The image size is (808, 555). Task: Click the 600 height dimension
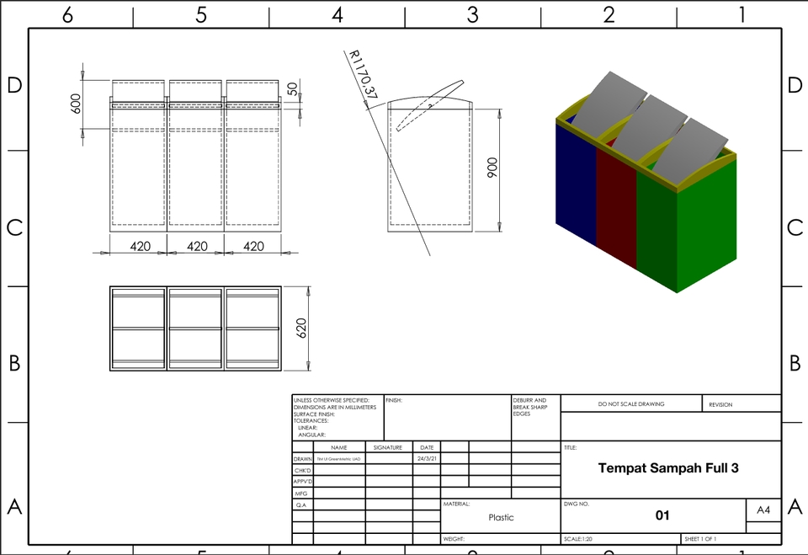[76, 103]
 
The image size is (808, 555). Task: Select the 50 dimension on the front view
[293, 88]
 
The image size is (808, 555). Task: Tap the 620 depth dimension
[301, 328]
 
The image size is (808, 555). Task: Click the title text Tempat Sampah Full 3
[668, 467]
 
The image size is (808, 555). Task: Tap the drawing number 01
[662, 515]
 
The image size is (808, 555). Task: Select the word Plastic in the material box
[501, 517]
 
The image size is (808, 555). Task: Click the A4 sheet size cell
[763, 510]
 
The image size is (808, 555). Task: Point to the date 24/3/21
[426, 459]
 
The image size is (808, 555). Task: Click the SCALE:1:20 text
[578, 539]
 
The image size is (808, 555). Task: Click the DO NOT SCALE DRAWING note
[631, 404]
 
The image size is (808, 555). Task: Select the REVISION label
[720, 404]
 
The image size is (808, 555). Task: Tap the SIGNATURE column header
[388, 447]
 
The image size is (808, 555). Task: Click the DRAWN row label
[303, 459]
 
